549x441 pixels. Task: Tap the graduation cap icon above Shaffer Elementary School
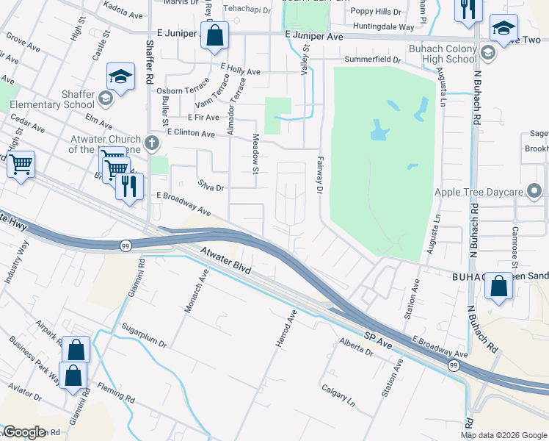pyautogui.click(x=120, y=76)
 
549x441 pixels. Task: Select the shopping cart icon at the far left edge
pyautogui.click(x=21, y=164)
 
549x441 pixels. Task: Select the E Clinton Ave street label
pyautogui.click(x=191, y=134)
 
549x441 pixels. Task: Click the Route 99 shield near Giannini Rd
pyautogui.click(x=126, y=245)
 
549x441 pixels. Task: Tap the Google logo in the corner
pyautogui.click(x=23, y=432)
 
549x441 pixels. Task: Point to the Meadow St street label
pyautogui.click(x=256, y=160)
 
